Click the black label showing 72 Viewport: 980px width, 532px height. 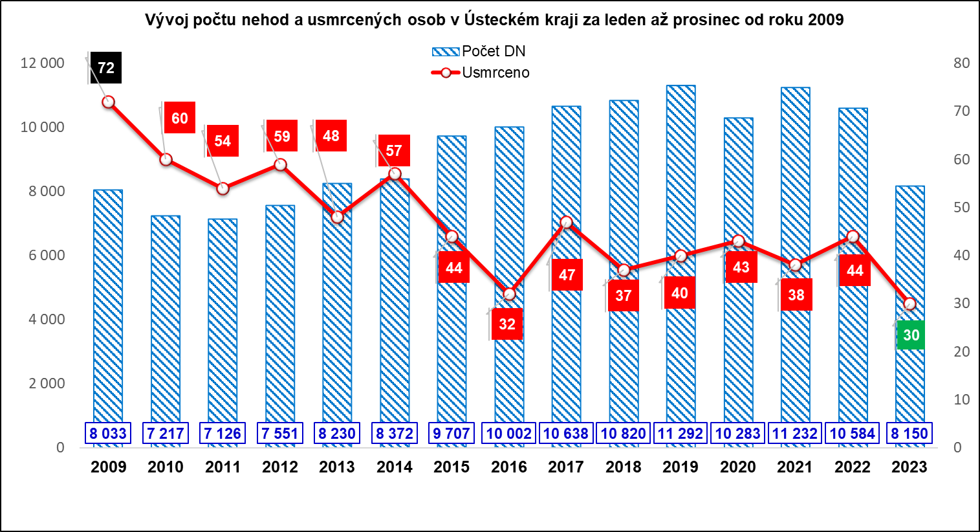[x=105, y=68]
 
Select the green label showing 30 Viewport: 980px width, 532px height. [x=911, y=335]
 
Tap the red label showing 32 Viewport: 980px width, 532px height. [x=507, y=324]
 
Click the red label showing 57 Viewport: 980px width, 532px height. [x=394, y=151]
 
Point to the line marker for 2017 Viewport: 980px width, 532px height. [x=567, y=223]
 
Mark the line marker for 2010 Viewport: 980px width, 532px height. [x=166, y=159]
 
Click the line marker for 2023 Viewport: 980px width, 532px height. [x=909, y=304]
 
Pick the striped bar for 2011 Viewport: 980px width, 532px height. [x=223, y=324]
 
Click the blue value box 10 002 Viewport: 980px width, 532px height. [x=508, y=434]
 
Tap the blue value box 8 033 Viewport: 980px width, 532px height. [x=108, y=434]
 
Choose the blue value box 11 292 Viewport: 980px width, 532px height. [x=681, y=434]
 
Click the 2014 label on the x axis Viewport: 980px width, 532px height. [x=395, y=467]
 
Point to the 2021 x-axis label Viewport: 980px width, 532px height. [x=795, y=467]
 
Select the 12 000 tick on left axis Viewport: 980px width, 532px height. [x=43, y=63]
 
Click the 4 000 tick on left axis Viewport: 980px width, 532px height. [x=46, y=319]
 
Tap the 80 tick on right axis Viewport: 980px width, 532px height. [x=961, y=63]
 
